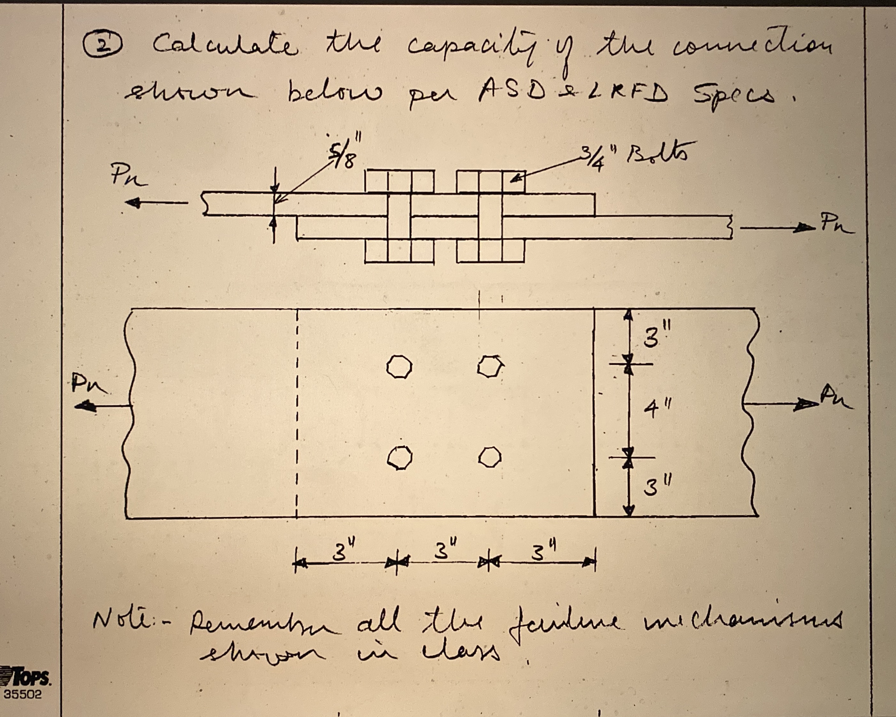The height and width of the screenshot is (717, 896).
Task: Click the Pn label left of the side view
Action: click(x=128, y=177)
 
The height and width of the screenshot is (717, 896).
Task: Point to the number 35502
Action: click(x=23, y=694)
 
